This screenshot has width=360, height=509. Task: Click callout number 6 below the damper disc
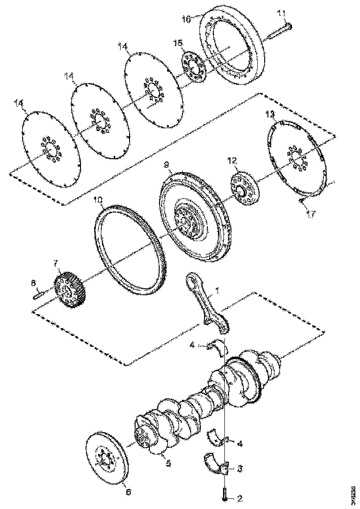pyautogui.click(x=128, y=493)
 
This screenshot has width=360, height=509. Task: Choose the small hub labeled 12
pyautogui.click(x=242, y=189)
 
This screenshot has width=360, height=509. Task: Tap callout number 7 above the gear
pyautogui.click(x=56, y=264)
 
